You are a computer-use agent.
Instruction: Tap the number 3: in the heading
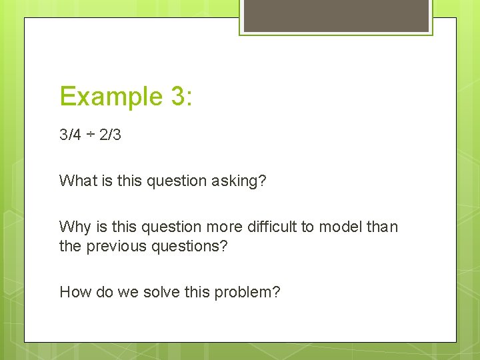point(181,96)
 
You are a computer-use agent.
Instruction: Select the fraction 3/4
point(70,135)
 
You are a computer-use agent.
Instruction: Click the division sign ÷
point(90,135)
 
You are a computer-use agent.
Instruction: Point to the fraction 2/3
point(110,135)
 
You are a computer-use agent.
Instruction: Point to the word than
point(381,227)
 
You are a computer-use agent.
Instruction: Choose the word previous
point(117,246)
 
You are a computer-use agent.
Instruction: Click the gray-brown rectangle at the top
point(336,15)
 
